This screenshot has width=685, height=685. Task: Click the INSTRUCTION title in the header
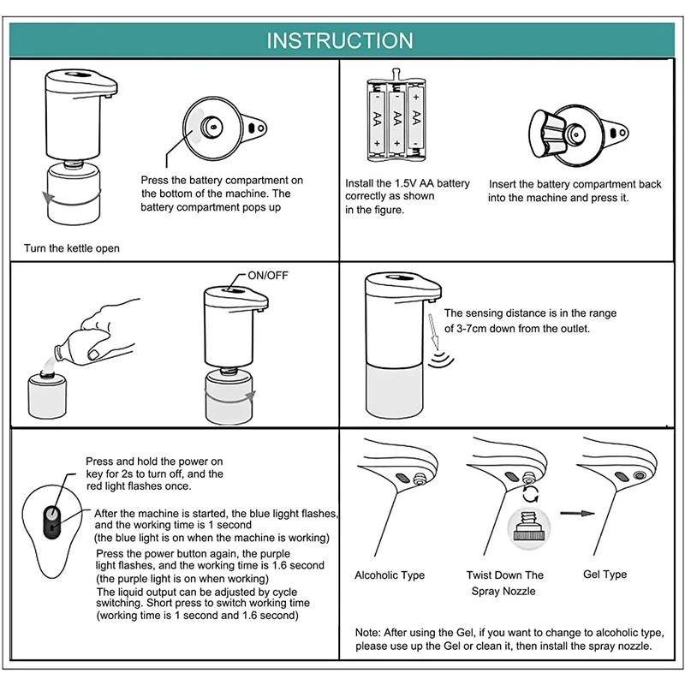pos(340,40)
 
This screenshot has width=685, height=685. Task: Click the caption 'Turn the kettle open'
pos(71,248)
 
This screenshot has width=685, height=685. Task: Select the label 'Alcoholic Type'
pos(390,575)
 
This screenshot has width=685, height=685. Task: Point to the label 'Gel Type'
pos(605,575)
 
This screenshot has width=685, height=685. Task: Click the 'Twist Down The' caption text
pos(504,575)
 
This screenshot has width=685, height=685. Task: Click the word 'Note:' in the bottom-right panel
pos(369,632)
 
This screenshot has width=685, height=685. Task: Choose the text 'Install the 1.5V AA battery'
pos(408,183)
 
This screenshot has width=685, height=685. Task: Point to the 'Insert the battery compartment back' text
pos(575,184)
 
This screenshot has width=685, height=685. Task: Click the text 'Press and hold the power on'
pos(154,462)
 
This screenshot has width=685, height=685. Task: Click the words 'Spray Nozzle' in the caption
pos(503,592)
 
